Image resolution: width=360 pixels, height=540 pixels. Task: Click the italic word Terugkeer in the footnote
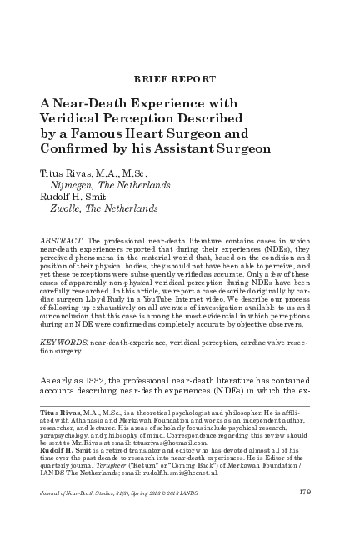coord(127,465)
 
